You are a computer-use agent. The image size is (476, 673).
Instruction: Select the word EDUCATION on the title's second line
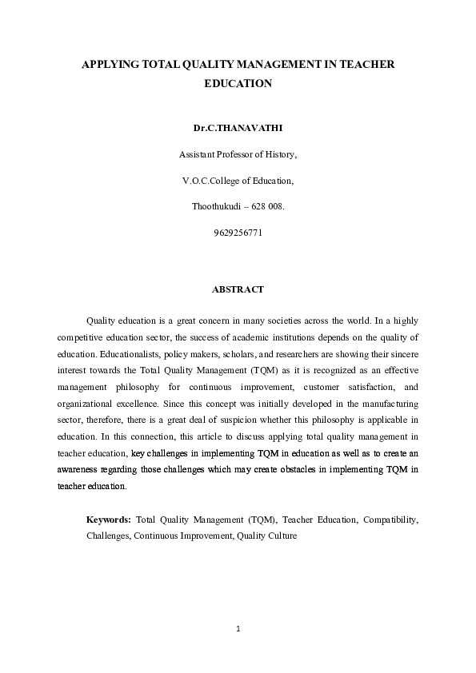click(238, 82)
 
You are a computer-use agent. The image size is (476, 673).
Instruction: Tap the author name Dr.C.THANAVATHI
click(238, 127)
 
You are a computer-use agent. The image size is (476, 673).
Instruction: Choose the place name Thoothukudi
click(218, 206)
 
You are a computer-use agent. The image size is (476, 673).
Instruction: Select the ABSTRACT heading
click(238, 289)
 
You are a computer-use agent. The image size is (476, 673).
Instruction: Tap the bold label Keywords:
click(109, 520)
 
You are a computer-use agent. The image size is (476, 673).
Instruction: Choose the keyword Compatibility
click(390, 520)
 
